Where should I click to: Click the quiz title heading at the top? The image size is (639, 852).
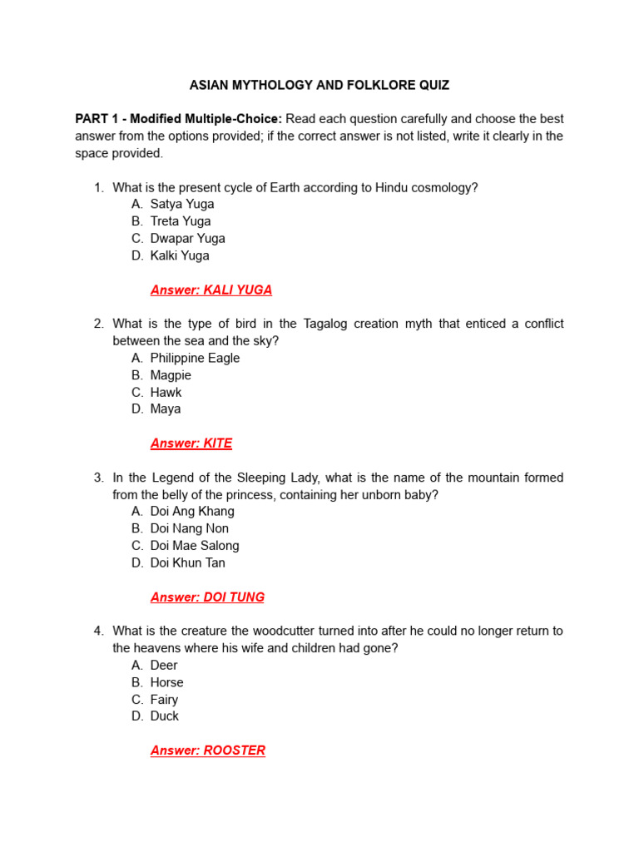(x=319, y=85)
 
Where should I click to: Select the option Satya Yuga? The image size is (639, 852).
(x=181, y=204)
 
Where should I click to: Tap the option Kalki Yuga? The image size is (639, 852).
(x=180, y=255)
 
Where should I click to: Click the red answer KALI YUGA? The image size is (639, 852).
(x=211, y=290)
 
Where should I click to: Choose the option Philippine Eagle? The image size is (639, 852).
(x=195, y=358)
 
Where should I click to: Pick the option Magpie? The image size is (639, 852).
(x=171, y=375)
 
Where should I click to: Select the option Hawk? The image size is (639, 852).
(x=166, y=392)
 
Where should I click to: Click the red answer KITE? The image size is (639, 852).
(x=191, y=443)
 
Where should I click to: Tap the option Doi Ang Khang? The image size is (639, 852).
(x=192, y=511)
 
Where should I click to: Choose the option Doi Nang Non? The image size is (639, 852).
(x=189, y=528)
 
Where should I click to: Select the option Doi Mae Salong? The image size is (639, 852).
(x=195, y=546)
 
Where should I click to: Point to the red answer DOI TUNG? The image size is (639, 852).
(x=207, y=597)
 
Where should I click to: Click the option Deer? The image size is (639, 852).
(x=164, y=665)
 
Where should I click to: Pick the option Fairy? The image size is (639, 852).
(x=164, y=700)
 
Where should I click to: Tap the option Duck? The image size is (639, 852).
(x=165, y=716)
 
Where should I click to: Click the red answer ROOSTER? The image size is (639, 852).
(x=208, y=750)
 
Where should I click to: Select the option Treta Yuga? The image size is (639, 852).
(x=181, y=221)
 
